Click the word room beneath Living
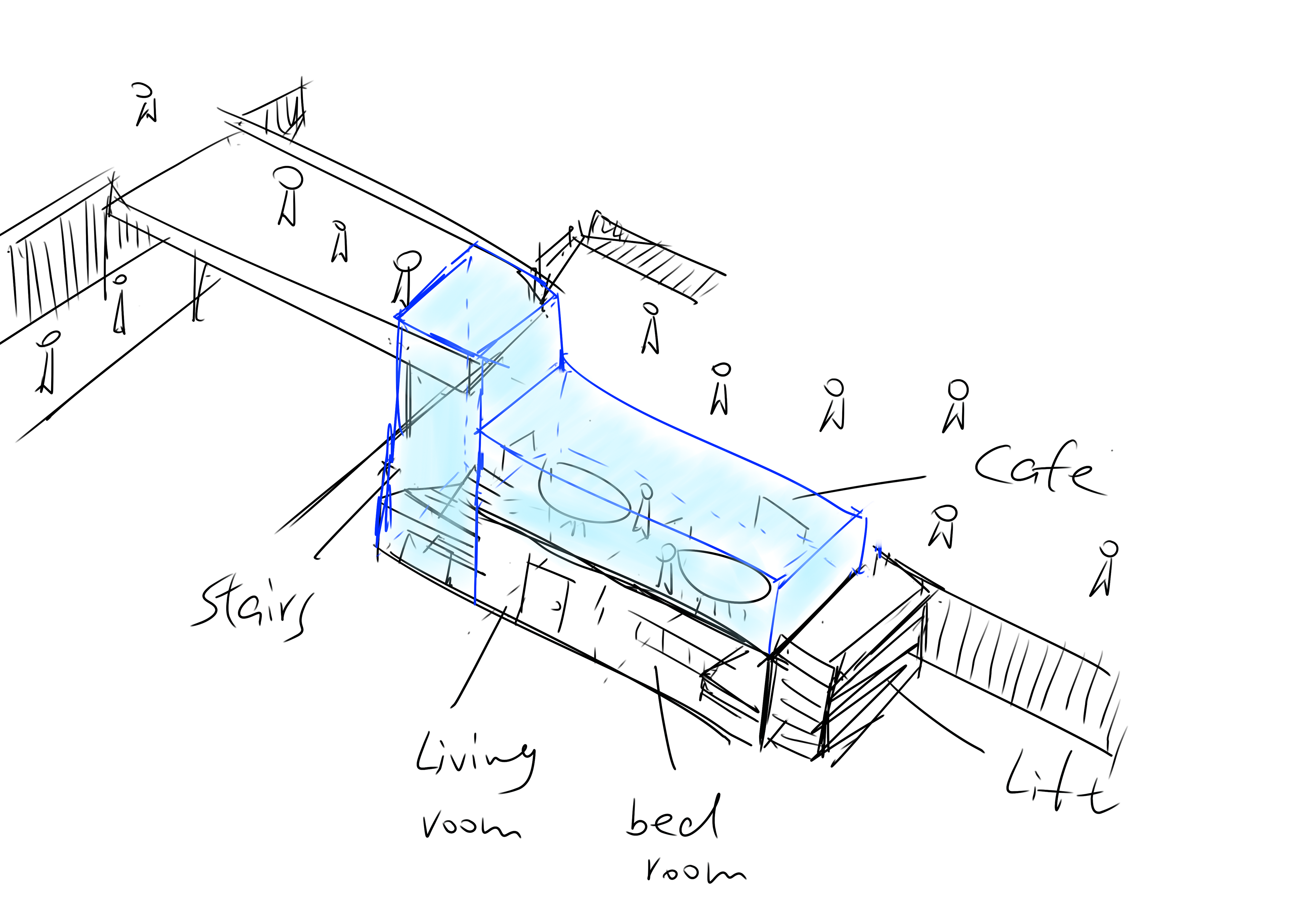click(470, 826)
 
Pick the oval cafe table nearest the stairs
click(583, 493)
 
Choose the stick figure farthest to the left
click(48, 363)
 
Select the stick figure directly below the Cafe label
click(943, 527)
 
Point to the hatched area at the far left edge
click(57, 266)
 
